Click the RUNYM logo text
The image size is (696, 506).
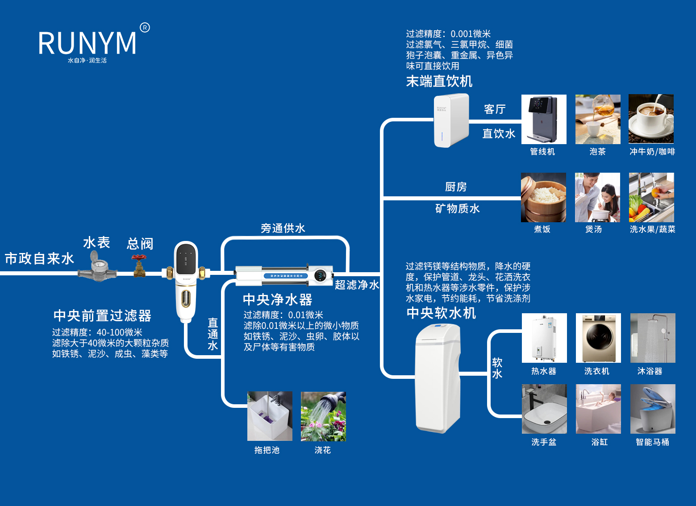click(88, 43)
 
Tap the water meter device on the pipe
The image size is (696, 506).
click(97, 267)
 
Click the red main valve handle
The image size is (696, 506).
click(139, 258)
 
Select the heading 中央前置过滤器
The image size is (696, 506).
click(102, 315)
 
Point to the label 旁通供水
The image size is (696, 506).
click(283, 228)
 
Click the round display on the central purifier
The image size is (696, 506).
click(320, 275)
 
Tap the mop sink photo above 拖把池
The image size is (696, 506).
click(270, 416)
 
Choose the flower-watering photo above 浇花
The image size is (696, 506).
click(323, 416)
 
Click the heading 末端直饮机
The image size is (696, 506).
click(439, 81)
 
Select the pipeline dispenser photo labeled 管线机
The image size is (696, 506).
click(544, 119)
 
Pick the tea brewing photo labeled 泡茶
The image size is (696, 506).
click(598, 119)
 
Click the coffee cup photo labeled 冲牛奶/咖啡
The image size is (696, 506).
click(651, 119)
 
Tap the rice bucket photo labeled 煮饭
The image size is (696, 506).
click(543, 197)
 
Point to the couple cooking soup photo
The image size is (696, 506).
click(597, 197)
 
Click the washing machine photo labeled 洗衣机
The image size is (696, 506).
click(598, 338)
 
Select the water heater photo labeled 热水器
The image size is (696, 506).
click(544, 338)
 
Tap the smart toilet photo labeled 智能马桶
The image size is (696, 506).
click(653, 409)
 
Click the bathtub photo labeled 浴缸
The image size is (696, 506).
click(598, 409)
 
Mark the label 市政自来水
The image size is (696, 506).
click(39, 259)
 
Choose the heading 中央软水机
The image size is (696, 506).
click(441, 313)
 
